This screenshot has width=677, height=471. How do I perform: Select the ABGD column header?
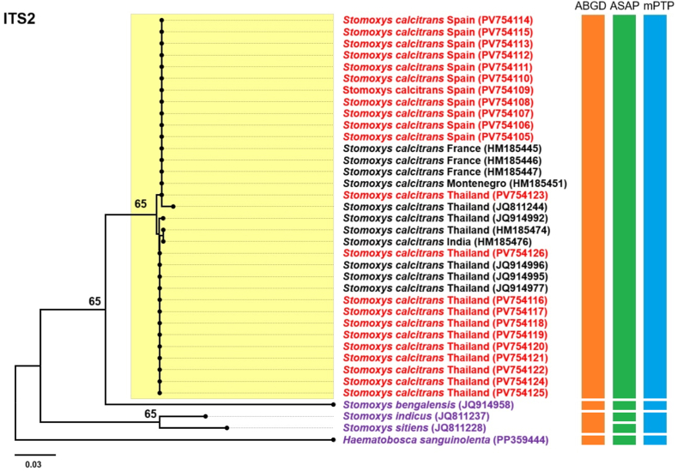[x=592, y=7]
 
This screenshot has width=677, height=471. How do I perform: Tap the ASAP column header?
[x=624, y=7]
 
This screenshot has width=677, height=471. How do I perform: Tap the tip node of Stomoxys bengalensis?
[x=333, y=405]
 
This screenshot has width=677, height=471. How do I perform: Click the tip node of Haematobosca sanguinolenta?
[x=333, y=440]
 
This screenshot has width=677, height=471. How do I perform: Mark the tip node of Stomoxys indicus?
[x=206, y=416]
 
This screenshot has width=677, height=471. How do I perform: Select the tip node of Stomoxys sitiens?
[x=227, y=428]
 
